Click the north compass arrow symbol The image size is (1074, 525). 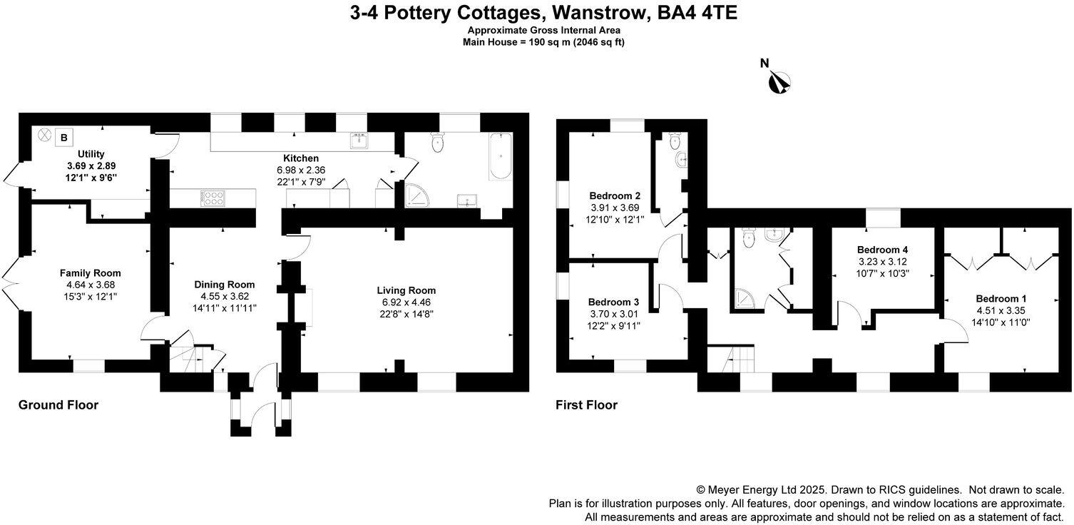pyautogui.click(x=781, y=83)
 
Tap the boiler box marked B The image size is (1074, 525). pyautogui.click(x=65, y=137)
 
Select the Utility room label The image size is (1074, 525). pyautogui.click(x=91, y=154)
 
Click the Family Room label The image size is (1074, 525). pyautogui.click(x=90, y=273)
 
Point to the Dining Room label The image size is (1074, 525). pyautogui.click(x=225, y=285)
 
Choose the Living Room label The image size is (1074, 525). pyautogui.click(x=406, y=290)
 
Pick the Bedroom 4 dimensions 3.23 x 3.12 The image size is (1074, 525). pyautogui.click(x=882, y=261)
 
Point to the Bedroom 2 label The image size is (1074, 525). pyautogui.click(x=615, y=196)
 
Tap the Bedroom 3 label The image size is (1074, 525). pyautogui.click(x=613, y=302)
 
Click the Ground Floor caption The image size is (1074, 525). pyautogui.click(x=58, y=405)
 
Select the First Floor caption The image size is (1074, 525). pyautogui.click(x=586, y=405)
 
